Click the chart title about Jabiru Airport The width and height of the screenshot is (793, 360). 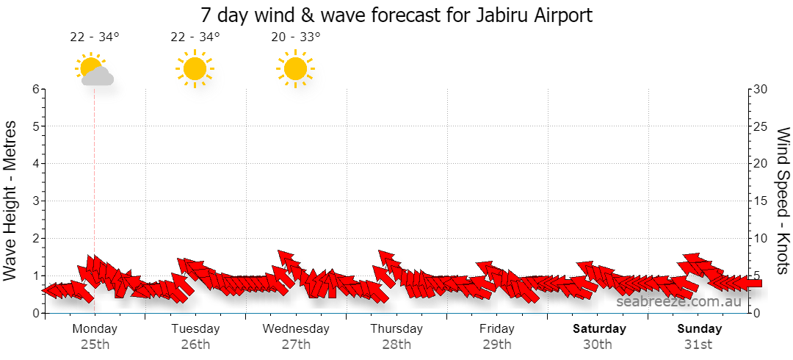(396, 15)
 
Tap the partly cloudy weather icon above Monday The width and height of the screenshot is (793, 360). (94, 69)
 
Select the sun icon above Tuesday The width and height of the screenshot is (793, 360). (195, 69)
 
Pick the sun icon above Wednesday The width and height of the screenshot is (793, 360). (295, 69)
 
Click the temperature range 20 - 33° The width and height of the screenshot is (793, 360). (296, 37)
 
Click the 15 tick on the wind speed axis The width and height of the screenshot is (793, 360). (761, 201)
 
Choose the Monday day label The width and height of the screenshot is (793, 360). (95, 328)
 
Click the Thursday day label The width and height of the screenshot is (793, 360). (396, 328)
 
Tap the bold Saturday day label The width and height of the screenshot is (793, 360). (599, 328)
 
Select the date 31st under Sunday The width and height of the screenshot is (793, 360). (698, 345)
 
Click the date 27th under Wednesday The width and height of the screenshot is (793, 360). (296, 345)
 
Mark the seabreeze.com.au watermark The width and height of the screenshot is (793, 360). (678, 302)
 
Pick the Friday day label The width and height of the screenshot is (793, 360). (497, 328)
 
